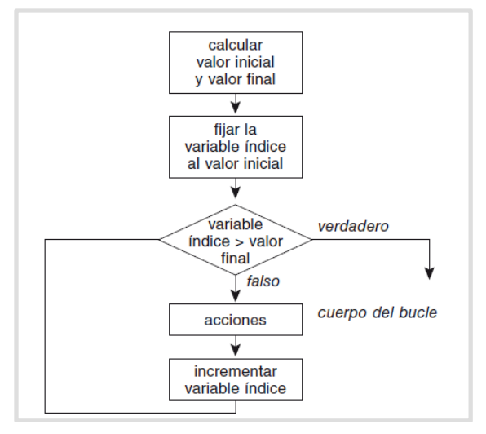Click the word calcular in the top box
[235, 45]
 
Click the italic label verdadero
[353, 226]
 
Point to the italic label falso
[263, 281]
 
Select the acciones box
[236, 320]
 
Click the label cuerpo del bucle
[378, 312]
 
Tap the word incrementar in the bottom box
[235, 371]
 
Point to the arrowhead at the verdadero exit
[429, 273]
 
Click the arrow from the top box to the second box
[236, 104]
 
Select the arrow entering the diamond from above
[236, 188]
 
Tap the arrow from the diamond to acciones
[236, 288]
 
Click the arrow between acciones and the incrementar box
[236, 346]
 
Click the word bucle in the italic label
[418, 312]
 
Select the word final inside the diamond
[235, 259]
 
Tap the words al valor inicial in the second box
[235, 164]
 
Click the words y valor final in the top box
[235, 79]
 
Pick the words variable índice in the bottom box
[235, 388]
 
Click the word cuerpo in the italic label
[342, 313]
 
